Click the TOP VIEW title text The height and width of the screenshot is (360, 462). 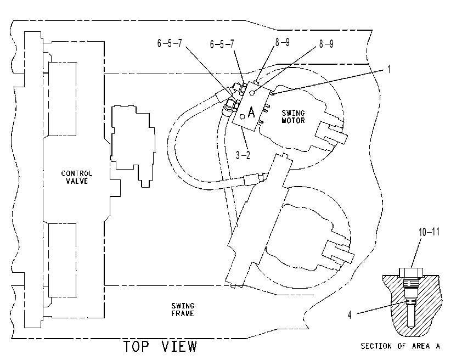coord(160,346)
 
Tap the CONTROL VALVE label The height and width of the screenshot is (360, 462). coord(77,177)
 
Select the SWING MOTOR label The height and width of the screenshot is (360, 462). coord(293,117)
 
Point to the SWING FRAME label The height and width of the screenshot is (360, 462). coord(183,310)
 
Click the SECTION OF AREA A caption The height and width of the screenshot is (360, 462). coord(401,346)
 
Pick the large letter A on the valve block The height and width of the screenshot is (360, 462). coord(251,113)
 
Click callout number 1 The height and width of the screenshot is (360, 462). coord(389,69)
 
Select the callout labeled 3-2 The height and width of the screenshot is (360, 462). coord(243,155)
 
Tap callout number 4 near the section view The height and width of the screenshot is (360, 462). coord(350,315)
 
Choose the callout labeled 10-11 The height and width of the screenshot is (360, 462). coord(429,232)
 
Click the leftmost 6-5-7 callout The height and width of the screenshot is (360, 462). coord(170,43)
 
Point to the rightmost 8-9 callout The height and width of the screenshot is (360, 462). coord(326,44)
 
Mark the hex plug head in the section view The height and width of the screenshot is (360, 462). coord(411,272)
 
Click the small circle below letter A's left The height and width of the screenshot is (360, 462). coord(243,117)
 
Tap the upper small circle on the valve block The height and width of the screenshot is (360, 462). coord(252,93)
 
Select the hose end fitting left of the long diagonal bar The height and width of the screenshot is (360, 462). coord(253,179)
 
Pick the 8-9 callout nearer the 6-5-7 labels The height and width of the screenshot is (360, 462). coord(283,42)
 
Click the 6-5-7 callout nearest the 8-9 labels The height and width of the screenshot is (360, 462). coord(222,44)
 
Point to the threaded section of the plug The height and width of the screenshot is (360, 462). coord(411,283)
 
